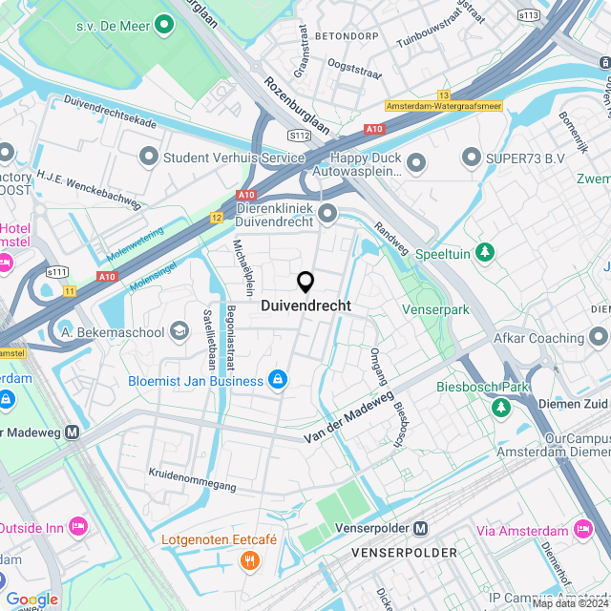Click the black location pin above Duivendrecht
tap(305, 283)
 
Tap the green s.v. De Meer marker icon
tap(163, 24)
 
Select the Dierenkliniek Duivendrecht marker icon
tap(327, 212)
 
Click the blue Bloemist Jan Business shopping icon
tap(277, 380)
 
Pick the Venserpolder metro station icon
tap(421, 528)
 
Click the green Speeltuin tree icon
tap(486, 252)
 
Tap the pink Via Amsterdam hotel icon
tap(582, 529)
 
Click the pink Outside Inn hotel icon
tap(78, 526)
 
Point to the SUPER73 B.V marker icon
tap(470, 157)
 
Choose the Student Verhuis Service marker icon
tap(148, 157)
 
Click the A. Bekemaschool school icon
tap(179, 331)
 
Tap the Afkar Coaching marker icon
tap(598, 337)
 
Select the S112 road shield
tap(299, 136)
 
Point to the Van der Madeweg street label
tap(348, 416)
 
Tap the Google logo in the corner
tap(32, 599)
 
